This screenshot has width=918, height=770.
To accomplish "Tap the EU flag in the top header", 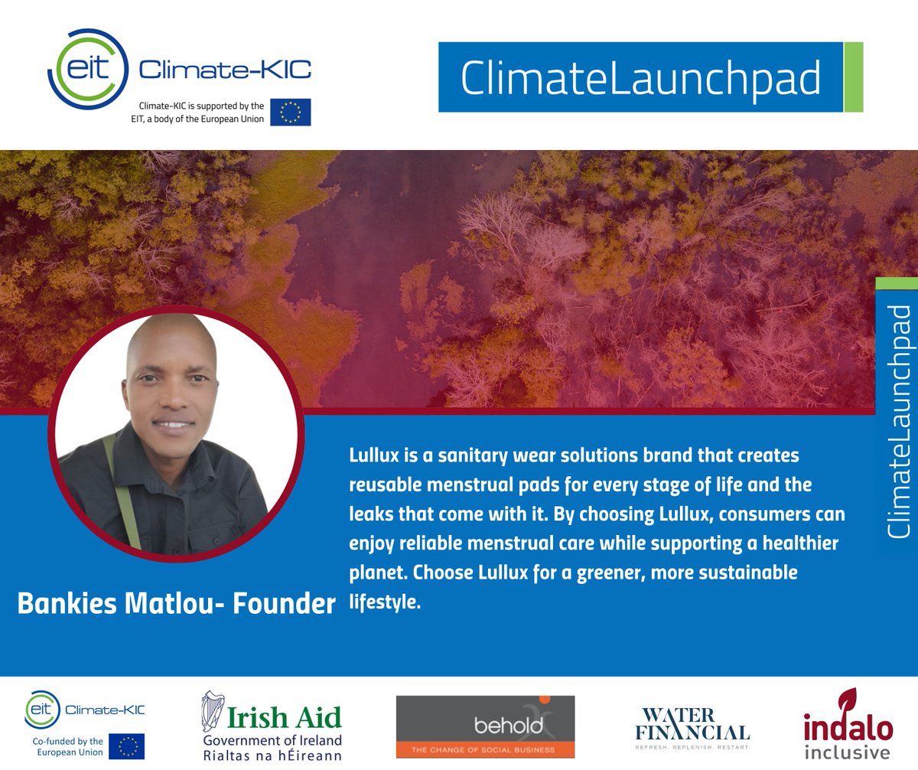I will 290,112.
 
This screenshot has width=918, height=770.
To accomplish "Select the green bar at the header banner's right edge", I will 853,77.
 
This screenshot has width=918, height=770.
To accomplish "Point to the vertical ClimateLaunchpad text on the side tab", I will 900,421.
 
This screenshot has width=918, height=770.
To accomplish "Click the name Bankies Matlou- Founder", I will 176,603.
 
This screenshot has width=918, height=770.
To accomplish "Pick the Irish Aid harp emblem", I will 213,713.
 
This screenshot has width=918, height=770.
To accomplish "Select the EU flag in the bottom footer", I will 126,746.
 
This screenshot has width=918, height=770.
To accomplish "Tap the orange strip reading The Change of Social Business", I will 485,749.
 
